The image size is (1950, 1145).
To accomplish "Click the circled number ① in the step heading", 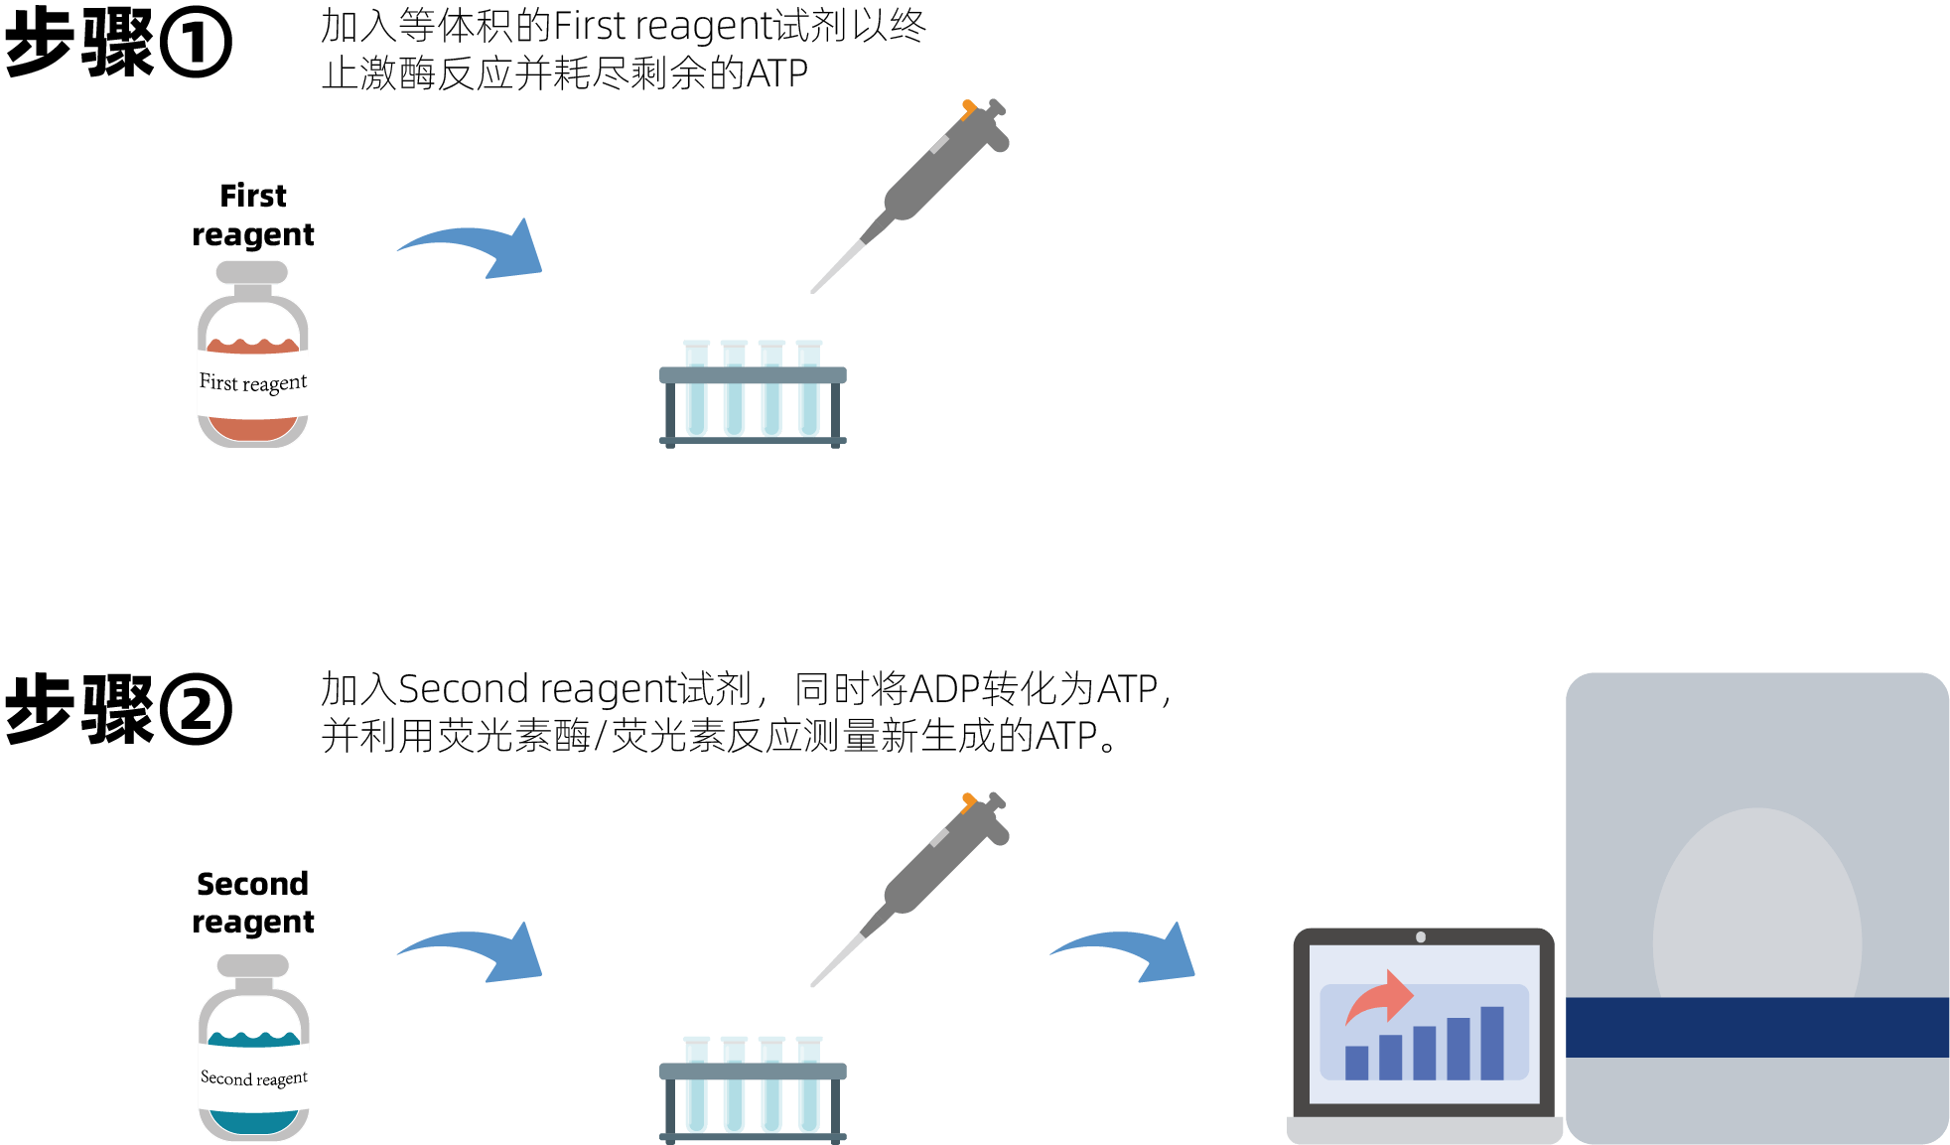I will click(x=196, y=44).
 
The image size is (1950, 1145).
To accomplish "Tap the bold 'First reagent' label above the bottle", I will click(x=253, y=215).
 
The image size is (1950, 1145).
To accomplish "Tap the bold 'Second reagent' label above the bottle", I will click(x=253, y=903).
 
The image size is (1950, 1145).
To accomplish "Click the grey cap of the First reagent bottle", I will click(x=252, y=272).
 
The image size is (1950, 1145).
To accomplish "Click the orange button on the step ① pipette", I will click(x=968, y=106).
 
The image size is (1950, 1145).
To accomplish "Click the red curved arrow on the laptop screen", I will click(x=1381, y=996).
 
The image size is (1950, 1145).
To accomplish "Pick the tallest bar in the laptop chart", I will click(x=1491, y=1043).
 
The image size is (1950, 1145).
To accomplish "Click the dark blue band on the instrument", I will click(x=1757, y=1027).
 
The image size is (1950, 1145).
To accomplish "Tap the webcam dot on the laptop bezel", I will click(x=1421, y=937).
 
